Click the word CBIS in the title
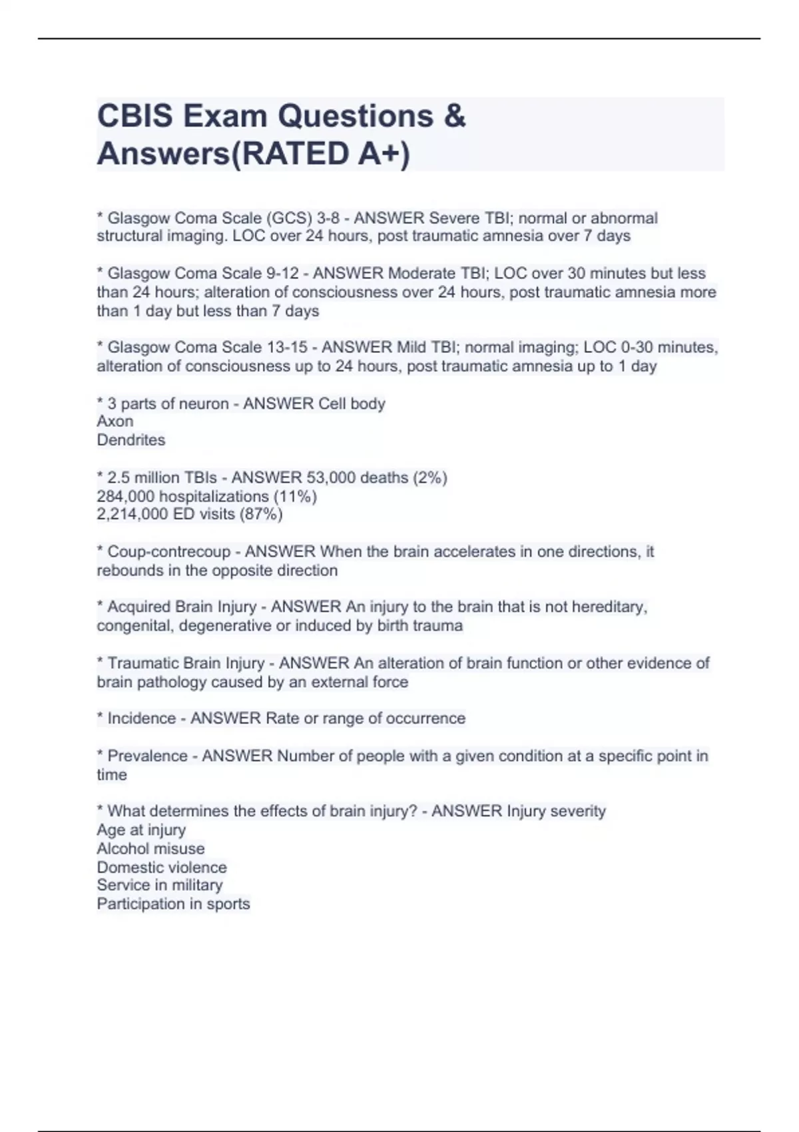pyautogui.click(x=135, y=117)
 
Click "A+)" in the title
pyautogui.click(x=384, y=154)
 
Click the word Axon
pyautogui.click(x=115, y=422)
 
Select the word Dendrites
pyautogui.click(x=131, y=440)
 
